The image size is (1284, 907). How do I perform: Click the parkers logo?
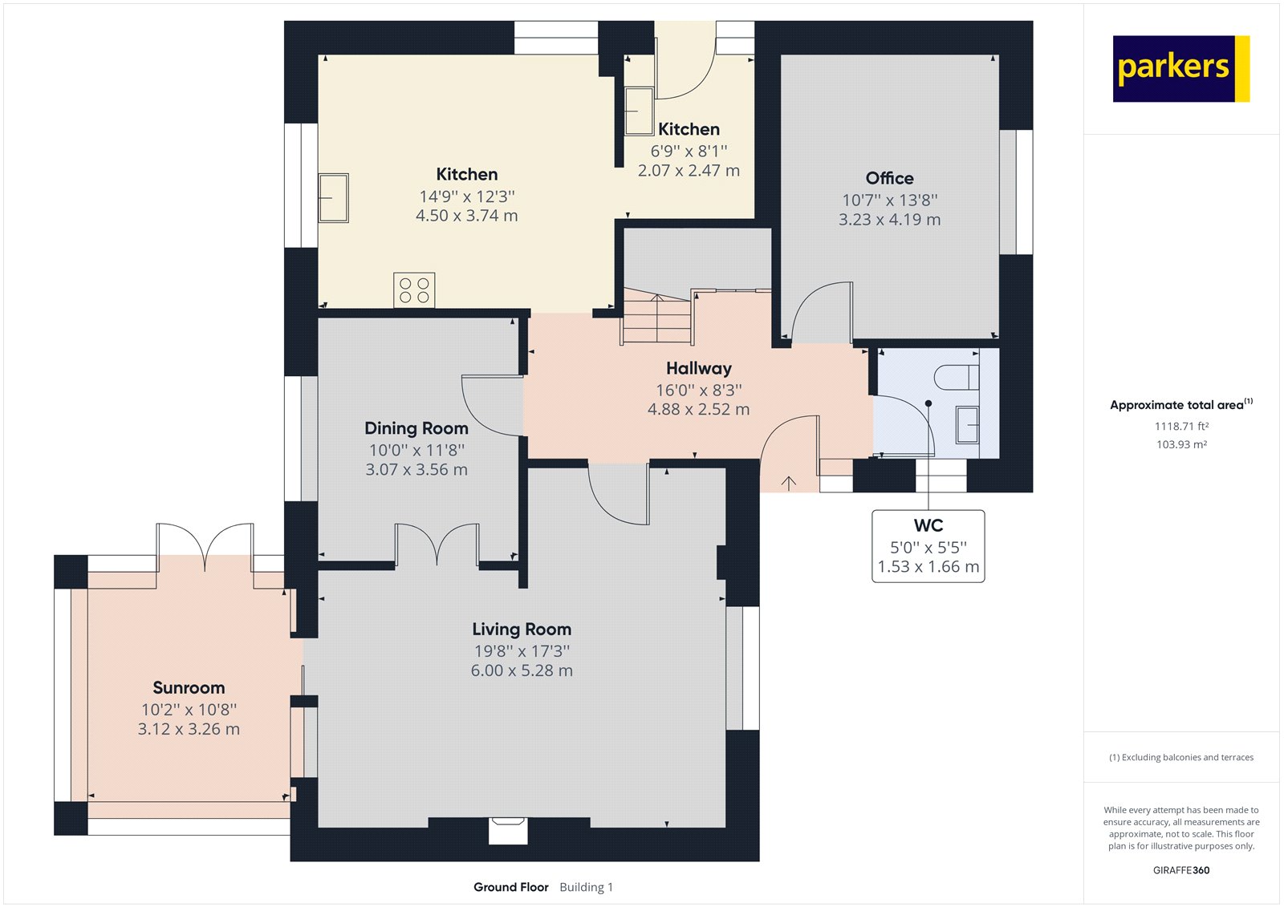(x=1180, y=68)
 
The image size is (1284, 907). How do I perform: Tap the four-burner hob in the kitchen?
(x=414, y=290)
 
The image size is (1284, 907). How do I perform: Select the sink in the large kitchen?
(x=333, y=197)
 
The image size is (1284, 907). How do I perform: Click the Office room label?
(x=889, y=178)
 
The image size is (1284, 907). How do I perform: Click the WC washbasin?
(x=967, y=424)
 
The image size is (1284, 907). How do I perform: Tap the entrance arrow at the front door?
(x=789, y=483)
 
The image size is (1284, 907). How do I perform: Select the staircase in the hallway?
(x=656, y=318)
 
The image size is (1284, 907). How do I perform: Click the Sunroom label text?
(x=189, y=687)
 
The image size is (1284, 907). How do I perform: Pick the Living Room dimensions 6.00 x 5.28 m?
(x=522, y=670)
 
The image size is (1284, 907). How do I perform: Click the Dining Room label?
(x=416, y=428)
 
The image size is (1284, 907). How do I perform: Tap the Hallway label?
(x=698, y=368)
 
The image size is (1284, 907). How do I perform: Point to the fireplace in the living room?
(x=508, y=830)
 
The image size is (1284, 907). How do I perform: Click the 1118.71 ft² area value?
(x=1181, y=427)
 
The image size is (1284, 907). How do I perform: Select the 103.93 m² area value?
(x=1181, y=444)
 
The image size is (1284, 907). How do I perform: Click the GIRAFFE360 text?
(x=1180, y=870)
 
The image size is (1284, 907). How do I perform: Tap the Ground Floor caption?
(x=510, y=887)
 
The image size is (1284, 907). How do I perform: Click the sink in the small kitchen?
(x=639, y=111)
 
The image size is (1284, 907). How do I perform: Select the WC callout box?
(x=928, y=546)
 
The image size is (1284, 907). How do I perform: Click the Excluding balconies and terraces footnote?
(x=1180, y=757)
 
